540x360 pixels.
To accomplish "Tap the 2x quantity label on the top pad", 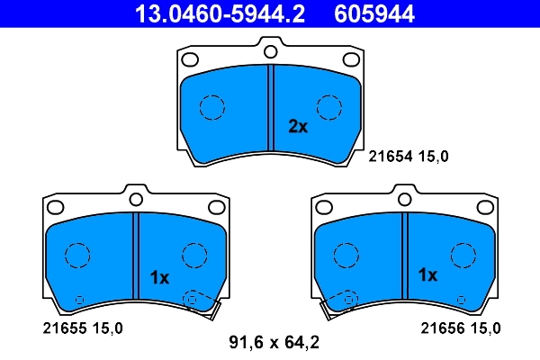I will [x=298, y=127].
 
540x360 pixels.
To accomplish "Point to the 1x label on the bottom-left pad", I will [x=159, y=278].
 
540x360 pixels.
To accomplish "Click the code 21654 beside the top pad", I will [x=389, y=156].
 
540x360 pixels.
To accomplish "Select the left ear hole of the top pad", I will [x=190, y=60].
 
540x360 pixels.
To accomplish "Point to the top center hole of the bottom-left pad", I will [x=135, y=198].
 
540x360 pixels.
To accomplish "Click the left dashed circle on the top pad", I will [x=211, y=107].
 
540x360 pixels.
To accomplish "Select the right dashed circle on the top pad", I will [x=329, y=107].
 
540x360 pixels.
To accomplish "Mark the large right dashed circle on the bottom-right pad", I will [x=463, y=255].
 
